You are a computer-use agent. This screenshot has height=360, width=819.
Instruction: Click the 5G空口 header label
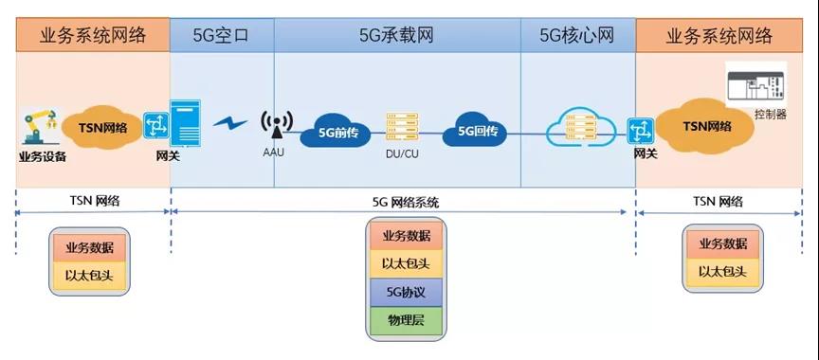(x=222, y=36)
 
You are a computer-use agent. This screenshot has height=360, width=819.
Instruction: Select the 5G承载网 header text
(x=396, y=36)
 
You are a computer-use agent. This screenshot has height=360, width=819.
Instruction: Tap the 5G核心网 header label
(x=577, y=36)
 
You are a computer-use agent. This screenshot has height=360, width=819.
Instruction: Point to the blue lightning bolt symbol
(x=229, y=123)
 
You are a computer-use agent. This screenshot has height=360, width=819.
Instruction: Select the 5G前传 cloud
(x=332, y=134)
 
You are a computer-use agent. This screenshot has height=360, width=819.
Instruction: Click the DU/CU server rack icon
(x=396, y=129)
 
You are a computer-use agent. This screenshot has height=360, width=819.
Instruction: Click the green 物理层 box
(x=407, y=320)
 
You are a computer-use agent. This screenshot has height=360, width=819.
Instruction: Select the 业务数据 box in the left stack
(x=89, y=246)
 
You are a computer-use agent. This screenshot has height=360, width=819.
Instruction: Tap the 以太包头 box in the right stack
(x=724, y=272)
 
